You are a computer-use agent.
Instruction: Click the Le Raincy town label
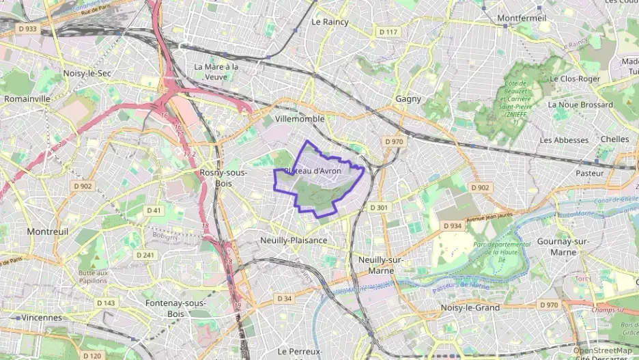pos(330,22)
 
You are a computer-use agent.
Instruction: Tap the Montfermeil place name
pos(522,17)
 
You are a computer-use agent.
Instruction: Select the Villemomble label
pos(299,119)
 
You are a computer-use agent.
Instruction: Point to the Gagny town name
pos(408,99)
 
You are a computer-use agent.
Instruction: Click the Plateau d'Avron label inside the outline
pos(312,171)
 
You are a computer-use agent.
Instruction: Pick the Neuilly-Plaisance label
pos(294,240)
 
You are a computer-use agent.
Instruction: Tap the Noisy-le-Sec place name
pos(87,73)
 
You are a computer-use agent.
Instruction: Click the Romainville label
pos(27,98)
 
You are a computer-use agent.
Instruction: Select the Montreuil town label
pos(48,232)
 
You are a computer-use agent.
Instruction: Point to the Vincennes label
pos(42,318)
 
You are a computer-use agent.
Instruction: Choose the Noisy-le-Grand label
pos(470,307)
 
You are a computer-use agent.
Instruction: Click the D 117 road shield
pos(388,32)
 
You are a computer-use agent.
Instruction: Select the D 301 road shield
pos(378,207)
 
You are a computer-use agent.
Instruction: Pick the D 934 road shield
pos(451,225)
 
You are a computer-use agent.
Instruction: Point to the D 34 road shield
pos(285,299)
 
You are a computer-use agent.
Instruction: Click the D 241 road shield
pos(145,255)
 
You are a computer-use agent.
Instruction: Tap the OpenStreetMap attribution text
pos(602,350)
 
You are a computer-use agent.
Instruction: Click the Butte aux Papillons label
pos(94,277)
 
